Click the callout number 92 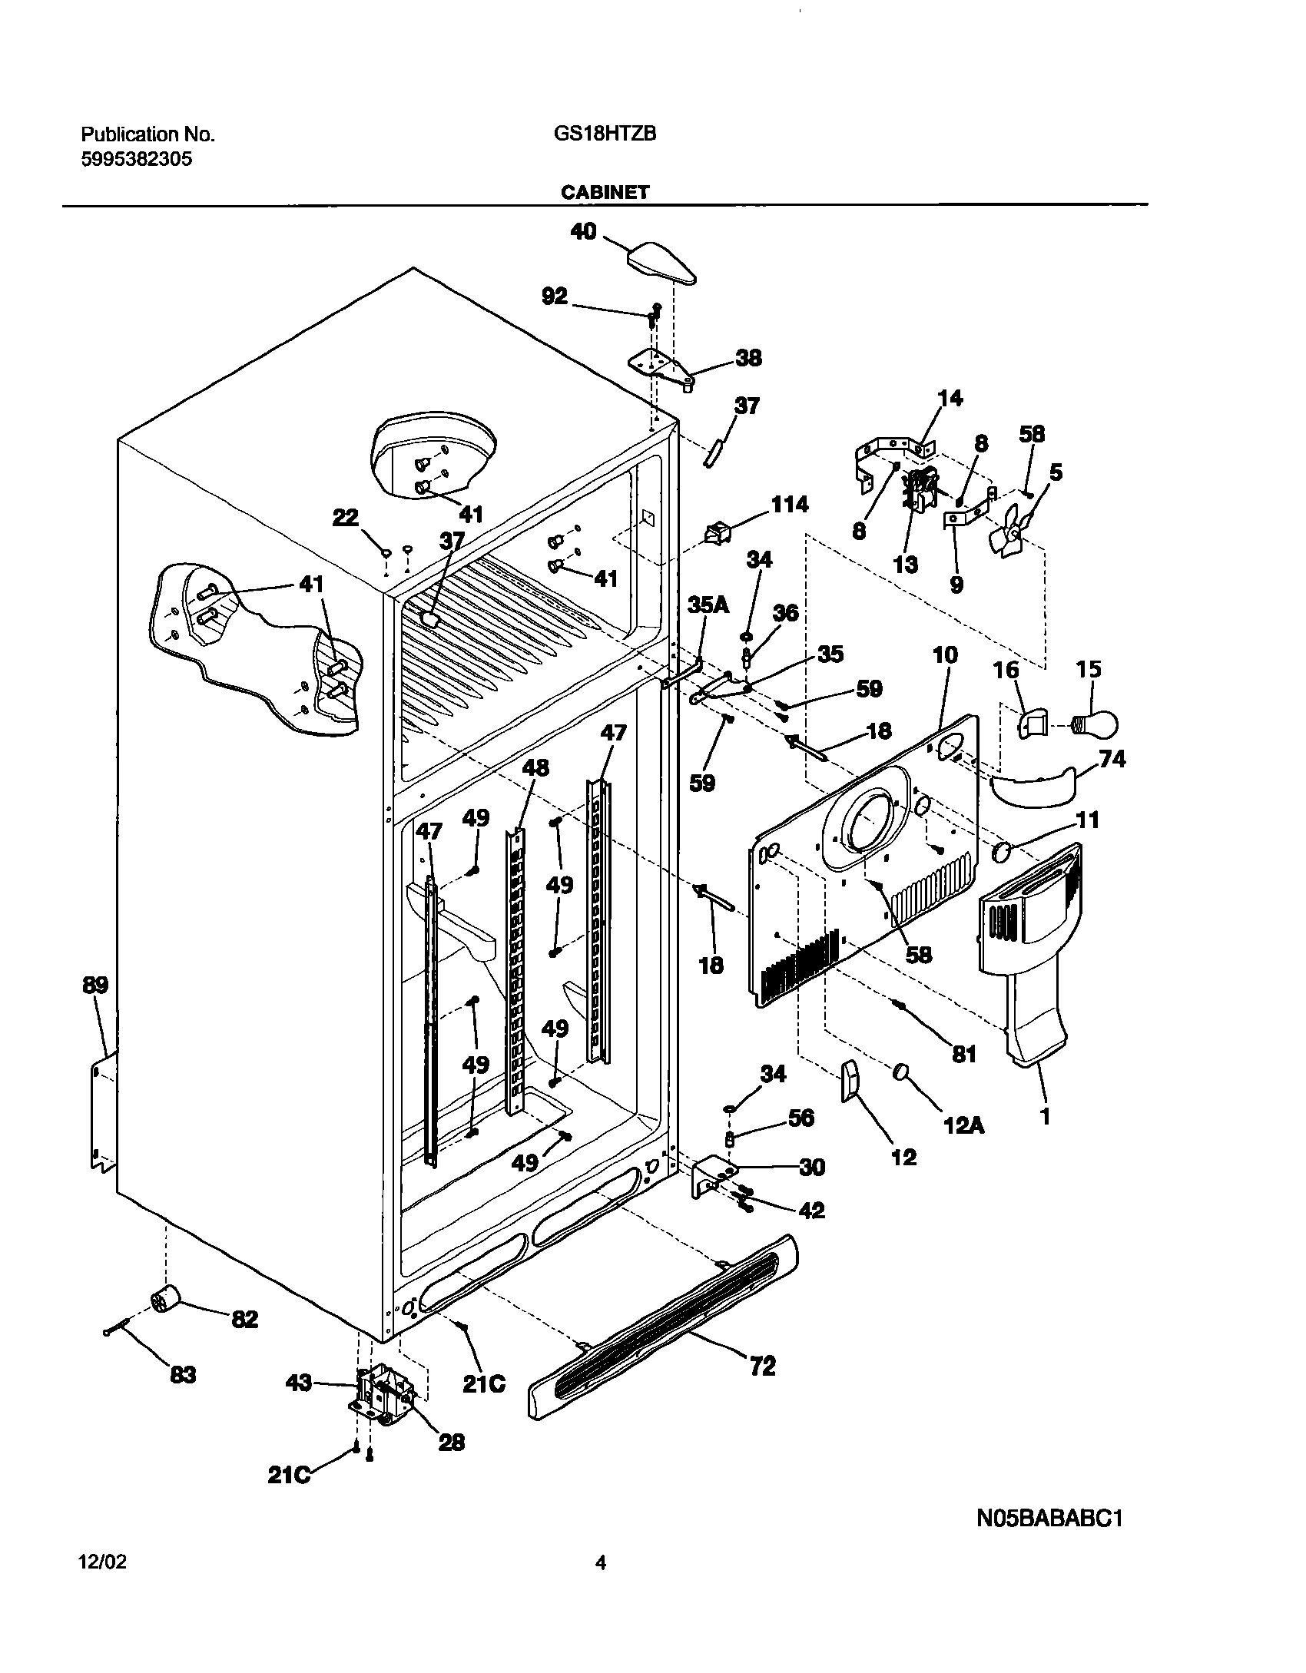555,297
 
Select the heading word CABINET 605,193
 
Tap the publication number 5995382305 137,160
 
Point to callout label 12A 963,1125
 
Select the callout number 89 95,986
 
